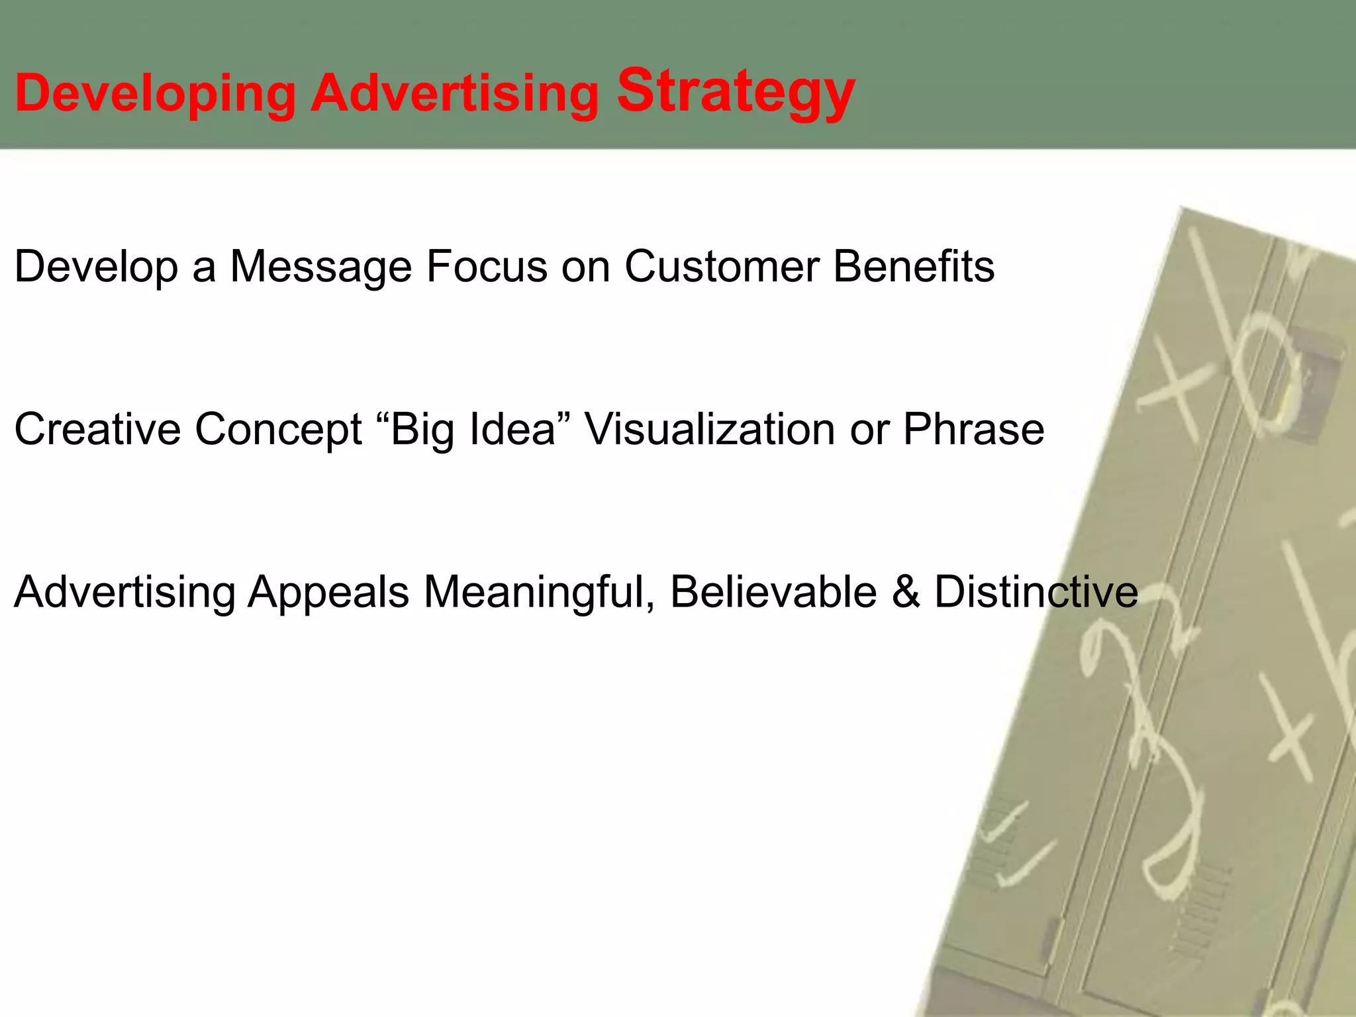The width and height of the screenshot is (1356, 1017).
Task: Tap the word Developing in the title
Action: [155, 94]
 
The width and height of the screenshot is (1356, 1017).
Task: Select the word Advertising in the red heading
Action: [456, 93]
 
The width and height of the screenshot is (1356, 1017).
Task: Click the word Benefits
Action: [914, 266]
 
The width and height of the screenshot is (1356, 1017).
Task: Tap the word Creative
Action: [97, 429]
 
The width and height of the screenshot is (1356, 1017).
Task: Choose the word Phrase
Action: [973, 429]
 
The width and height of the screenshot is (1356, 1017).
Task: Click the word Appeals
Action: [328, 593]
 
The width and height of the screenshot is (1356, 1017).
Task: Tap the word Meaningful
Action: [539, 591]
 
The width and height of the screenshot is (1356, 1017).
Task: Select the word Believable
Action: [773, 591]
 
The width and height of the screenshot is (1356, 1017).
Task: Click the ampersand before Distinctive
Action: [906, 591]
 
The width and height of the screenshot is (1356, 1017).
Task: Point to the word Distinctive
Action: [1036, 591]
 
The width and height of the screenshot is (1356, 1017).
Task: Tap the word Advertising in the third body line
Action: [124, 591]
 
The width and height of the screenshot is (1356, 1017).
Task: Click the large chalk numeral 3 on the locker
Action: [1165, 781]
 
